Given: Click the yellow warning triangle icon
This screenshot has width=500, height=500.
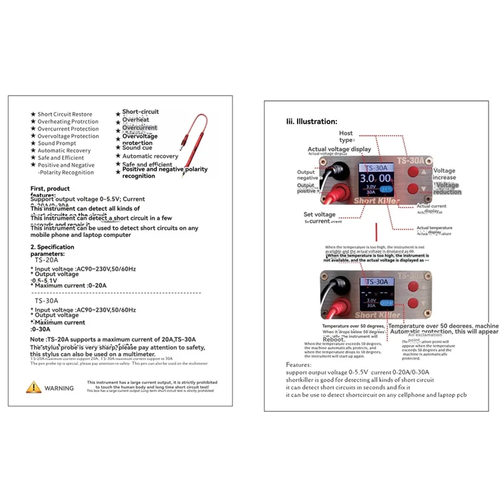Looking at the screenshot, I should coord(34,387).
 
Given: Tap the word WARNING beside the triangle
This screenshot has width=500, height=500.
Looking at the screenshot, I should coord(59,388).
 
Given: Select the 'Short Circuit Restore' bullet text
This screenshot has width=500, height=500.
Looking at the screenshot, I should coord(64,114).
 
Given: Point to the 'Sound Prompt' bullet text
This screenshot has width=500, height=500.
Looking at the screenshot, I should coord(56,143).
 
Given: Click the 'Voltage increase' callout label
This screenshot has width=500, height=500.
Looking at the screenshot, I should coord(444,174).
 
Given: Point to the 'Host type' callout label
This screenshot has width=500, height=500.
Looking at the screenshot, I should coord(346,136).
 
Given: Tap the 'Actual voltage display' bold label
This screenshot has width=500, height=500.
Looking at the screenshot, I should coord(339,149).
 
